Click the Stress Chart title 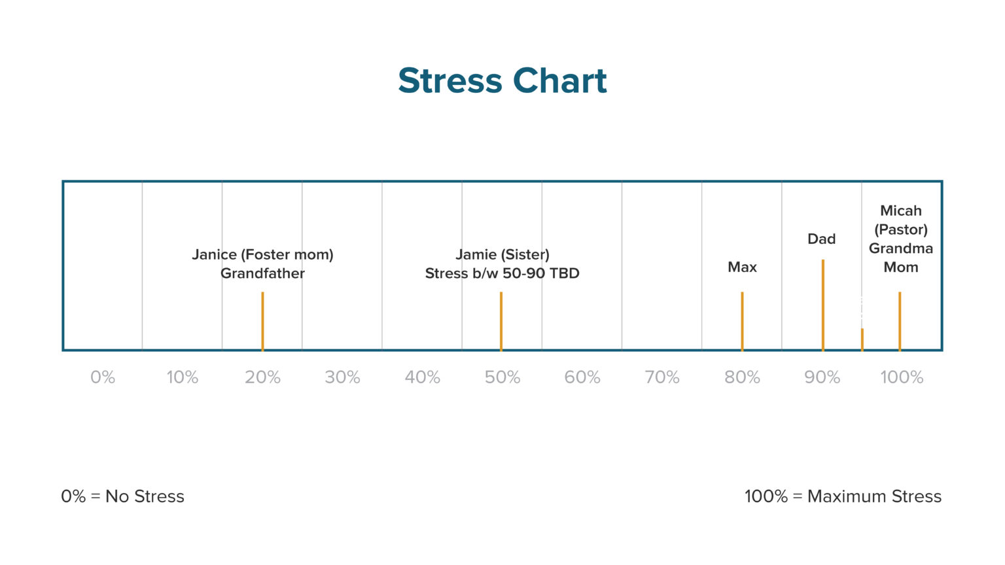502,81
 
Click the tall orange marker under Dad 822,305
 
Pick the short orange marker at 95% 862,339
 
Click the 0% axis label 103,377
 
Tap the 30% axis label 342,377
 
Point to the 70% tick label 662,377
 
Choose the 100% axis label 902,377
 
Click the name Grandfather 262,273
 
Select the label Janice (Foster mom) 262,254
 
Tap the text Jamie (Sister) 502,254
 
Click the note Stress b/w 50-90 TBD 502,273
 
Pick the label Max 742,267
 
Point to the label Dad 822,239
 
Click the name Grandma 901,248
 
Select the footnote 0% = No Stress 122,496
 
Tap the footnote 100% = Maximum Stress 843,496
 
